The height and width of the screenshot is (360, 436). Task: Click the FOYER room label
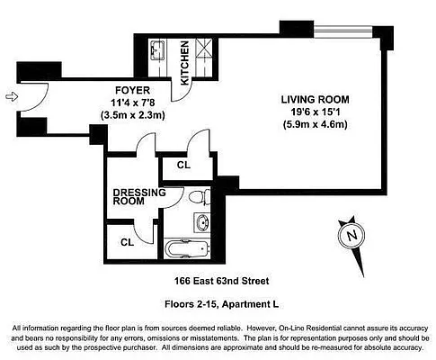pyautogui.click(x=124, y=89)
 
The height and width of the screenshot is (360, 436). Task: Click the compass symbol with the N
pyautogui.click(x=351, y=236)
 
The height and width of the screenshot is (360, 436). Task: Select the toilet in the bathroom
pyautogui.click(x=202, y=196)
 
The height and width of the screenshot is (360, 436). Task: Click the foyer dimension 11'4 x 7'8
pyautogui.click(x=124, y=102)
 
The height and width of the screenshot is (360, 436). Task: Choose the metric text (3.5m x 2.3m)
pyautogui.click(x=124, y=114)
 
